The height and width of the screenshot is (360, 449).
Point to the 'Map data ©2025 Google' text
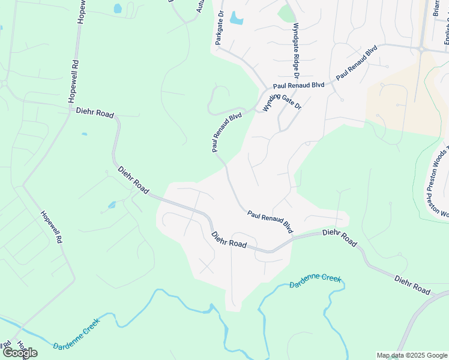tap(411, 355)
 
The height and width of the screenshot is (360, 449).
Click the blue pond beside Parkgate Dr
tap(237, 18)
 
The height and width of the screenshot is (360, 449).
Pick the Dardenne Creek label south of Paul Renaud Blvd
tap(315, 281)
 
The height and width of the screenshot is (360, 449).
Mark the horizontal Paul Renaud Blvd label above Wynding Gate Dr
tap(299, 86)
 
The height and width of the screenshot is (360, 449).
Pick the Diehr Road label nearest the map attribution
tap(412, 285)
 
